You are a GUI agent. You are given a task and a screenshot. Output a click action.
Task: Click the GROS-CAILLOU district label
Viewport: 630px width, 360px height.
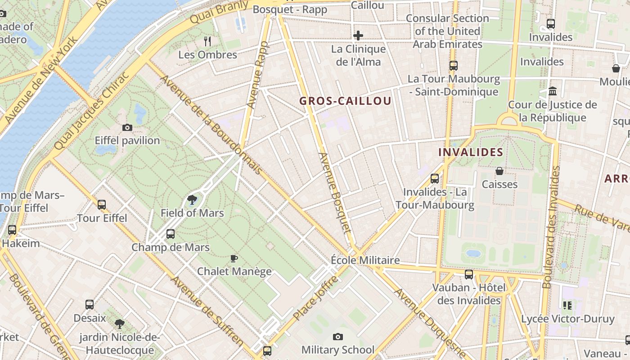point(345,101)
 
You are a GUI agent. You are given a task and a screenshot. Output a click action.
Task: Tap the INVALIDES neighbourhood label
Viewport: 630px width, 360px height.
point(471,152)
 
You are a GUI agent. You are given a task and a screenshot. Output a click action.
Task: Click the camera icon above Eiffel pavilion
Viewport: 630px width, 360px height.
point(127,128)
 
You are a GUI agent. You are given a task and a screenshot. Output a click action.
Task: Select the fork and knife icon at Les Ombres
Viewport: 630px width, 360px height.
point(207,41)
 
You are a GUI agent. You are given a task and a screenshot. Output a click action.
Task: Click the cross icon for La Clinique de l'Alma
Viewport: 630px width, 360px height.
point(358,36)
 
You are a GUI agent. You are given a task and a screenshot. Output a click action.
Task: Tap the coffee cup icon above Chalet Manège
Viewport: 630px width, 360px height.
point(234,258)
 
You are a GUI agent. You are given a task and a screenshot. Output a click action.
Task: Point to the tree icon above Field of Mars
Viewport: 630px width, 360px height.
point(192,200)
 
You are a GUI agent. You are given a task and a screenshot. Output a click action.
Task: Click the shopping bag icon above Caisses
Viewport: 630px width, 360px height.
point(499,171)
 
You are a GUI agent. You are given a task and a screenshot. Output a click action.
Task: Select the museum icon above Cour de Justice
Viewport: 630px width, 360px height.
point(553,91)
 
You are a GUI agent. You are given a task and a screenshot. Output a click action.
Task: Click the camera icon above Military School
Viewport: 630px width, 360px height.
point(337,337)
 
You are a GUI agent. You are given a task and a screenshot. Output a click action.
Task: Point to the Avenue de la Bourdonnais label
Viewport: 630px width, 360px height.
point(211,125)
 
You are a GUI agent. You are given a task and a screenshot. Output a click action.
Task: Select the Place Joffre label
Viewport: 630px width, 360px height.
point(315,298)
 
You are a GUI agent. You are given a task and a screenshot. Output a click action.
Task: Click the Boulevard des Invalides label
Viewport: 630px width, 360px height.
point(552,227)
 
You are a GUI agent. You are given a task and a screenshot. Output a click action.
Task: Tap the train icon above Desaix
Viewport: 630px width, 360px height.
point(90,305)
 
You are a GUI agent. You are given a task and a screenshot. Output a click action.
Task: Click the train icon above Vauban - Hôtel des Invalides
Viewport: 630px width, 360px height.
point(469,274)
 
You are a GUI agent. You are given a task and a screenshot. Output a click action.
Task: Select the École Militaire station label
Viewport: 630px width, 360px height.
point(365,260)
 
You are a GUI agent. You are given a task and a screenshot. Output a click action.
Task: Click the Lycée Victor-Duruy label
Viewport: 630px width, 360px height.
point(567,319)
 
